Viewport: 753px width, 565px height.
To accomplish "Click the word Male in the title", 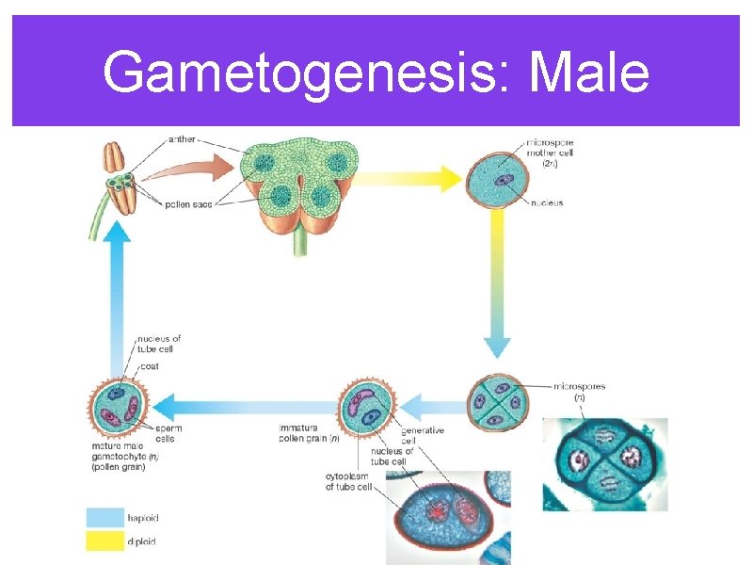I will pyautogui.click(x=589, y=73).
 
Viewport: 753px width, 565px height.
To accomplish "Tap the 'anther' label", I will pyautogui.click(x=181, y=139).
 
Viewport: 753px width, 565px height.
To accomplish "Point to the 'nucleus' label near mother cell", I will pyautogui.click(x=547, y=201).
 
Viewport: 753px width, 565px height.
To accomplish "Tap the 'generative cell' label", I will pyautogui.click(x=421, y=435).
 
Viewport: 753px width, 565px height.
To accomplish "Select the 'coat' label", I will pyautogui.click(x=148, y=366).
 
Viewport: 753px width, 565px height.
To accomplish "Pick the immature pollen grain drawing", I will pyautogui.click(x=368, y=407).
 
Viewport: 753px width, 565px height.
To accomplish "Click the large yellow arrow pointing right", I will pyautogui.click(x=405, y=176).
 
